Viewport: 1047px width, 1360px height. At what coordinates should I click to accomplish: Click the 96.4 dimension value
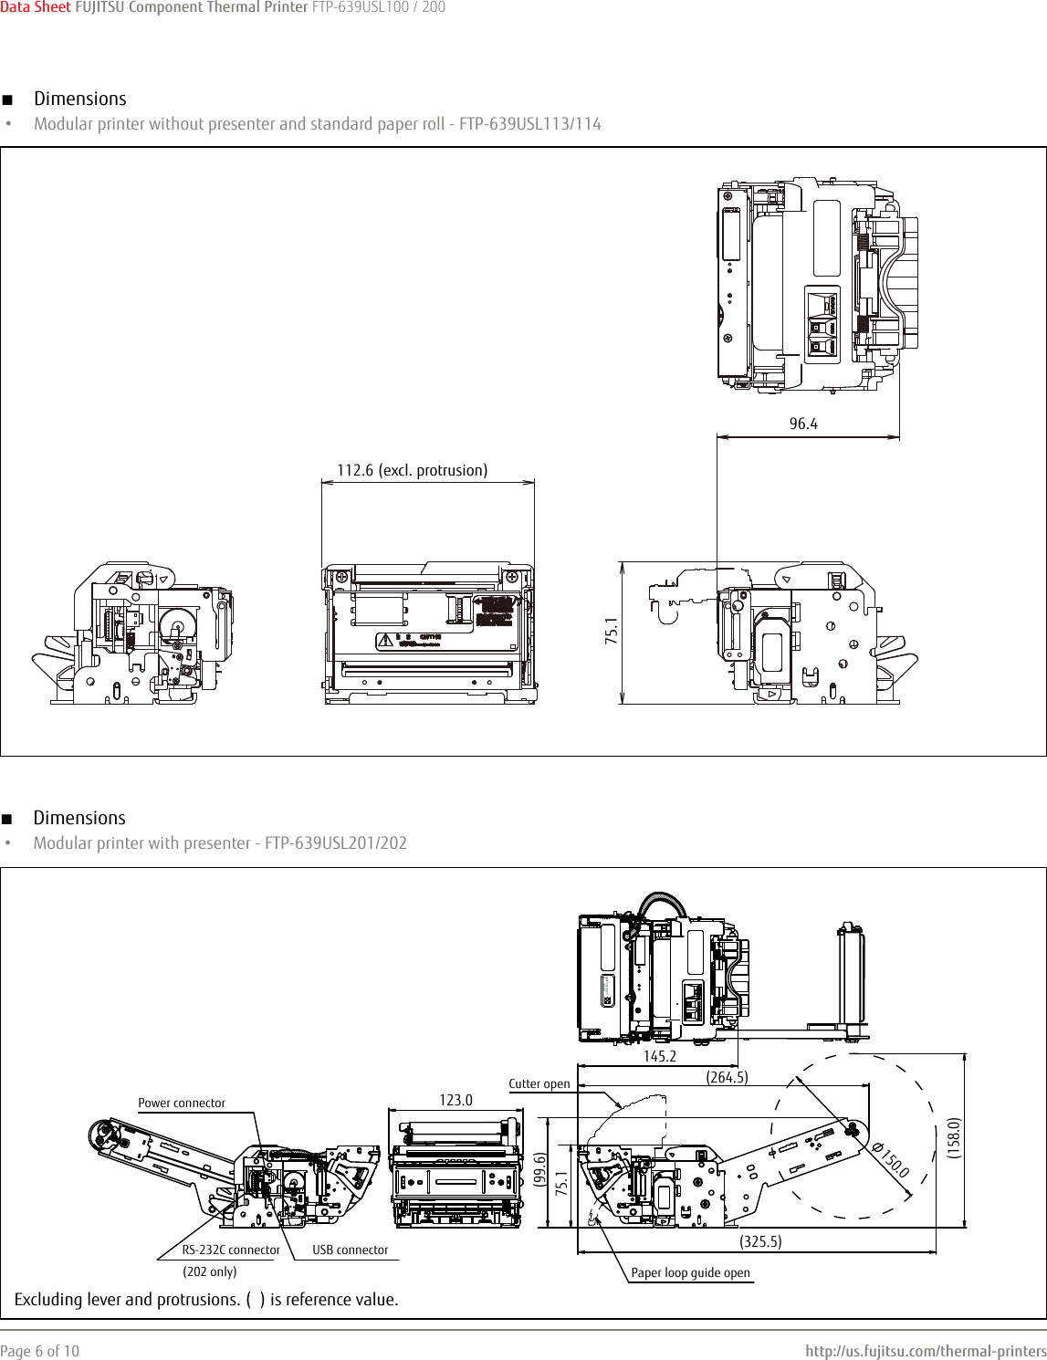click(803, 424)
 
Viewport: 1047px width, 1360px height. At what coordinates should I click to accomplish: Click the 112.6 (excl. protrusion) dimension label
click(412, 470)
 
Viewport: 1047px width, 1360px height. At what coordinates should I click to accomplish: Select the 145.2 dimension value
click(659, 1056)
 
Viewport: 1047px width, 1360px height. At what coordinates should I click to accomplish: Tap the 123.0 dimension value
click(455, 1100)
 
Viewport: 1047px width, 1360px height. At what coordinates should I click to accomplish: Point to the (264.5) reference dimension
click(727, 1077)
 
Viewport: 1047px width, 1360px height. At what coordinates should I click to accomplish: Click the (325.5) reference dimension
click(760, 1241)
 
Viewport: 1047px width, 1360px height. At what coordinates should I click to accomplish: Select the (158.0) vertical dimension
click(954, 1137)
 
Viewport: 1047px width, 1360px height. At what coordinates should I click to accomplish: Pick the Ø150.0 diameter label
click(891, 1159)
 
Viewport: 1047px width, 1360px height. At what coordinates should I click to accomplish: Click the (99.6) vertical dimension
click(539, 1169)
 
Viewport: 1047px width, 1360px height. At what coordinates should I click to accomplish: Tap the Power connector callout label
click(181, 1103)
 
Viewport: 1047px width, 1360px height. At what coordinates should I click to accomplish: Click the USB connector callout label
click(350, 1250)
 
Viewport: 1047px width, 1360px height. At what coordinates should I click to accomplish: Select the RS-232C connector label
click(230, 1250)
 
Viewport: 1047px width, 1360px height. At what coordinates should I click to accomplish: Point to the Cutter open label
click(539, 1084)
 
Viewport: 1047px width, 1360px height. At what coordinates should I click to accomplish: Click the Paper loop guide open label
click(690, 1272)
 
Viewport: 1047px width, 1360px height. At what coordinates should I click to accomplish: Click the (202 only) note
click(209, 1271)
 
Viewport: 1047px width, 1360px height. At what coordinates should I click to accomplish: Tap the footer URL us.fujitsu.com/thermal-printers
click(926, 1351)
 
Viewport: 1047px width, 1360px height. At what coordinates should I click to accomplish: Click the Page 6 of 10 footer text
click(39, 1351)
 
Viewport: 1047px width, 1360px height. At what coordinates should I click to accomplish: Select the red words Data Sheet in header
click(35, 7)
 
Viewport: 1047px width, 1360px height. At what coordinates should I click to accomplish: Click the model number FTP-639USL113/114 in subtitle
click(529, 124)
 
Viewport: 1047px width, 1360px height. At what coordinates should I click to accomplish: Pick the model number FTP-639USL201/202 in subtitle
click(335, 843)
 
